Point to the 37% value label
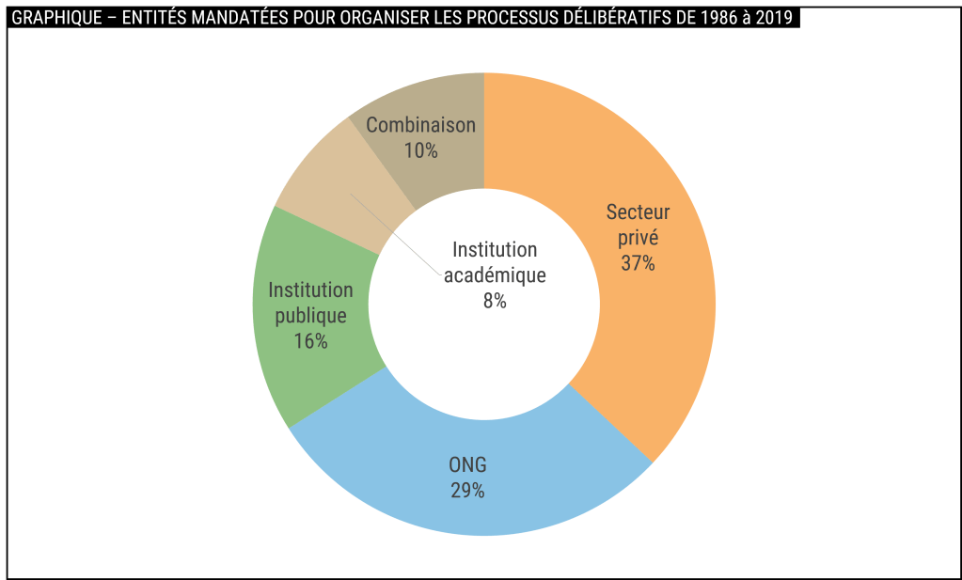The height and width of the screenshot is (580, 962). pyautogui.click(x=638, y=263)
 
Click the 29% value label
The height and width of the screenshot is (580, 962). pyautogui.click(x=467, y=490)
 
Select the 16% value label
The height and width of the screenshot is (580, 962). pyautogui.click(x=310, y=340)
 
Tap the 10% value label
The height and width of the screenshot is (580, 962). pyautogui.click(x=420, y=149)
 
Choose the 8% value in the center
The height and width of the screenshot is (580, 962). pyautogui.click(x=495, y=301)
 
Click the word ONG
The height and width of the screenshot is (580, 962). pyautogui.click(x=467, y=465)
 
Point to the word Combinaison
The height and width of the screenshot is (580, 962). pyautogui.click(x=420, y=125)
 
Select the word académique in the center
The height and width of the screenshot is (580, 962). pyautogui.click(x=495, y=275)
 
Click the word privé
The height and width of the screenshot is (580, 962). pyautogui.click(x=638, y=238)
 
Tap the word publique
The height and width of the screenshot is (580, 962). pyautogui.click(x=310, y=316)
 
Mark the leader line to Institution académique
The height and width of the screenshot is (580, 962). pyautogui.click(x=395, y=234)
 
